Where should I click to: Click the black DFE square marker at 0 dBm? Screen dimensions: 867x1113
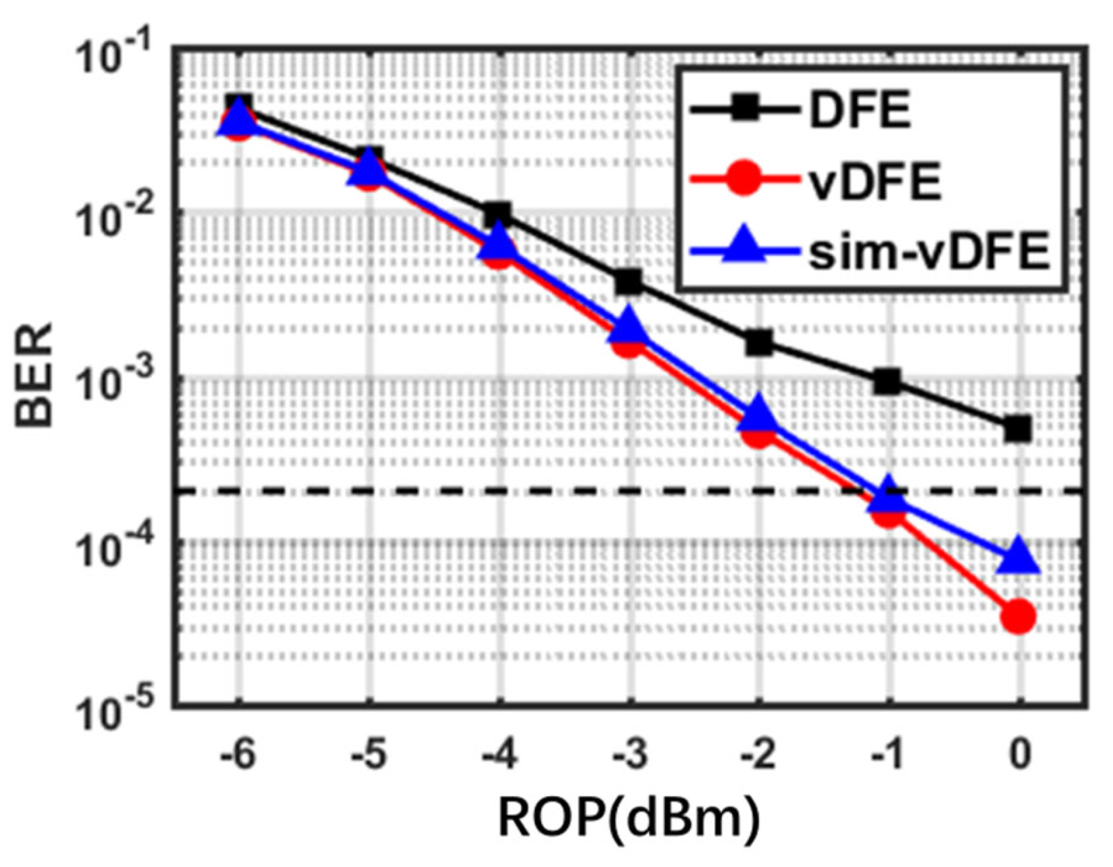[x=1018, y=429]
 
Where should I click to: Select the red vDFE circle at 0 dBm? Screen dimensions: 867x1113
[x=1018, y=616]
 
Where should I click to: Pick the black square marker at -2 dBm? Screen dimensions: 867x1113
[x=759, y=342]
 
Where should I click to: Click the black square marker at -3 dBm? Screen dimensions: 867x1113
[x=630, y=282]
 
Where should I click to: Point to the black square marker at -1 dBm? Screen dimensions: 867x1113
[x=888, y=381]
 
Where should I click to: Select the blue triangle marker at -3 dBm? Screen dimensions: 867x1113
[x=630, y=327]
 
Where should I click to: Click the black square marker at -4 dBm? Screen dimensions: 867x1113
[x=498, y=214]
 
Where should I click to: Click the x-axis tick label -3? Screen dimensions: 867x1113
[x=630, y=755]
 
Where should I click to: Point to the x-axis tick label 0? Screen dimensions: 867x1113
[x=1019, y=755]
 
